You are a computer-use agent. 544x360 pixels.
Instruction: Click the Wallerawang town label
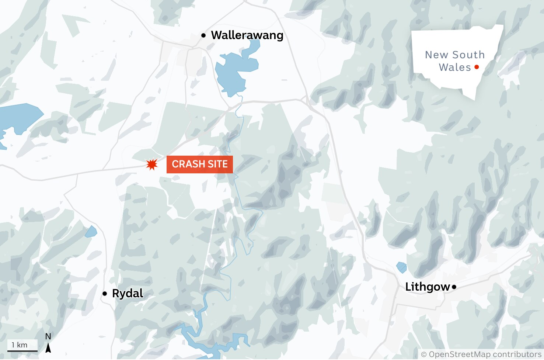(x=247, y=35)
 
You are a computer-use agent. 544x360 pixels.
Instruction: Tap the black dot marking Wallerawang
(x=203, y=35)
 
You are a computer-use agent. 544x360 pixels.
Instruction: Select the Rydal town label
(x=128, y=294)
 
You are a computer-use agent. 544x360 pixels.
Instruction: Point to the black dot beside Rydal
(x=105, y=294)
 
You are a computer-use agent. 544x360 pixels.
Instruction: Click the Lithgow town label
(x=428, y=287)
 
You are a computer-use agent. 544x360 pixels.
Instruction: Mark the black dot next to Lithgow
(x=454, y=287)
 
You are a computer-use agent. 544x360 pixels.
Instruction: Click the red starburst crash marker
(x=151, y=164)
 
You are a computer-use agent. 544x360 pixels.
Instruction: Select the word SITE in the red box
(x=217, y=164)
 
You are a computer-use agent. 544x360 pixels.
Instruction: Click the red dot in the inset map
(x=477, y=67)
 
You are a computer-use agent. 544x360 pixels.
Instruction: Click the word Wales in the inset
(x=455, y=67)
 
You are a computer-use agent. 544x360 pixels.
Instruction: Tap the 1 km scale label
(x=20, y=345)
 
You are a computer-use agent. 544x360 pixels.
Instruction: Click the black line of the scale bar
(x=22, y=351)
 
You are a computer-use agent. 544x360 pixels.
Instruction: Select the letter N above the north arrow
(x=48, y=336)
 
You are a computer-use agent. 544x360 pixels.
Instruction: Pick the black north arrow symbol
(x=48, y=347)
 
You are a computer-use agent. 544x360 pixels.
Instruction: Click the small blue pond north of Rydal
(x=91, y=232)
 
